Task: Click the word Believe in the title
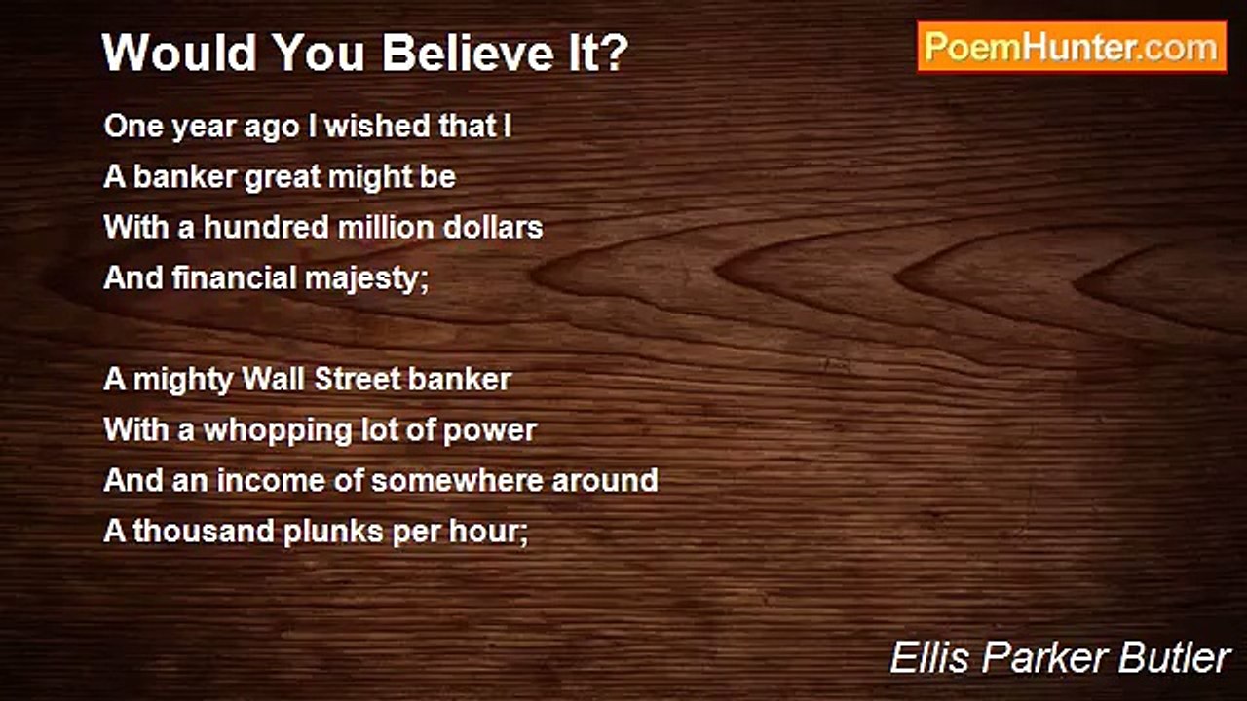pos(469,53)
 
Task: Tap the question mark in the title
pos(615,53)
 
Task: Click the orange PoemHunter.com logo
pos(1073,48)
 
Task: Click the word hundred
pos(266,228)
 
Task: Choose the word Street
pos(357,380)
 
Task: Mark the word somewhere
pos(457,481)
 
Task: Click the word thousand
pos(204,531)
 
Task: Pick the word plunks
pos(333,533)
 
